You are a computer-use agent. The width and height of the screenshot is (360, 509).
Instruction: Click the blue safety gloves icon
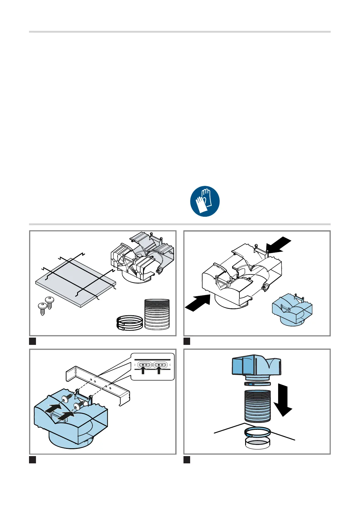coord(205,201)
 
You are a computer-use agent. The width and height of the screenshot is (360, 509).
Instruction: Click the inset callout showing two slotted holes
coord(153,366)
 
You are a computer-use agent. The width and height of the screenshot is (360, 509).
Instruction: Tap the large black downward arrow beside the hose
coord(283,399)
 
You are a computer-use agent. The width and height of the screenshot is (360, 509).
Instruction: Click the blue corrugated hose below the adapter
coord(257,406)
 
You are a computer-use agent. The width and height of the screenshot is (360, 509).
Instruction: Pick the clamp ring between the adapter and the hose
coord(257,384)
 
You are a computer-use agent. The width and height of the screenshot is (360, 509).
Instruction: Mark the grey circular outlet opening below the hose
coord(257,443)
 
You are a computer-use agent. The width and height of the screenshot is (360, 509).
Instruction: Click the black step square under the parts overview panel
coord(33,341)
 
